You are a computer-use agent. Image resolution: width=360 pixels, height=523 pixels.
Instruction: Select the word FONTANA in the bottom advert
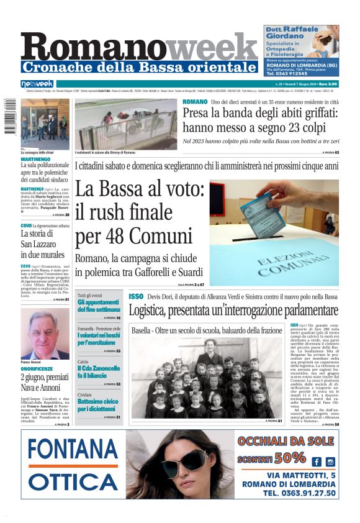click(x=73, y=450)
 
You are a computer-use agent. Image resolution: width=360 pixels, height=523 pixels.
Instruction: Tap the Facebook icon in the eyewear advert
click(x=317, y=462)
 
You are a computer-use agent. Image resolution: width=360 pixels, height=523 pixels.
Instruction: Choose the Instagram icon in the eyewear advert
click(x=330, y=462)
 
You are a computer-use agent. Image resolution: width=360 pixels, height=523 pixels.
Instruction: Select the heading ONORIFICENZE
click(x=38, y=368)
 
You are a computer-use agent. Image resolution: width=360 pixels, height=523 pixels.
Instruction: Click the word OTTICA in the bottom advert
click(x=73, y=481)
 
